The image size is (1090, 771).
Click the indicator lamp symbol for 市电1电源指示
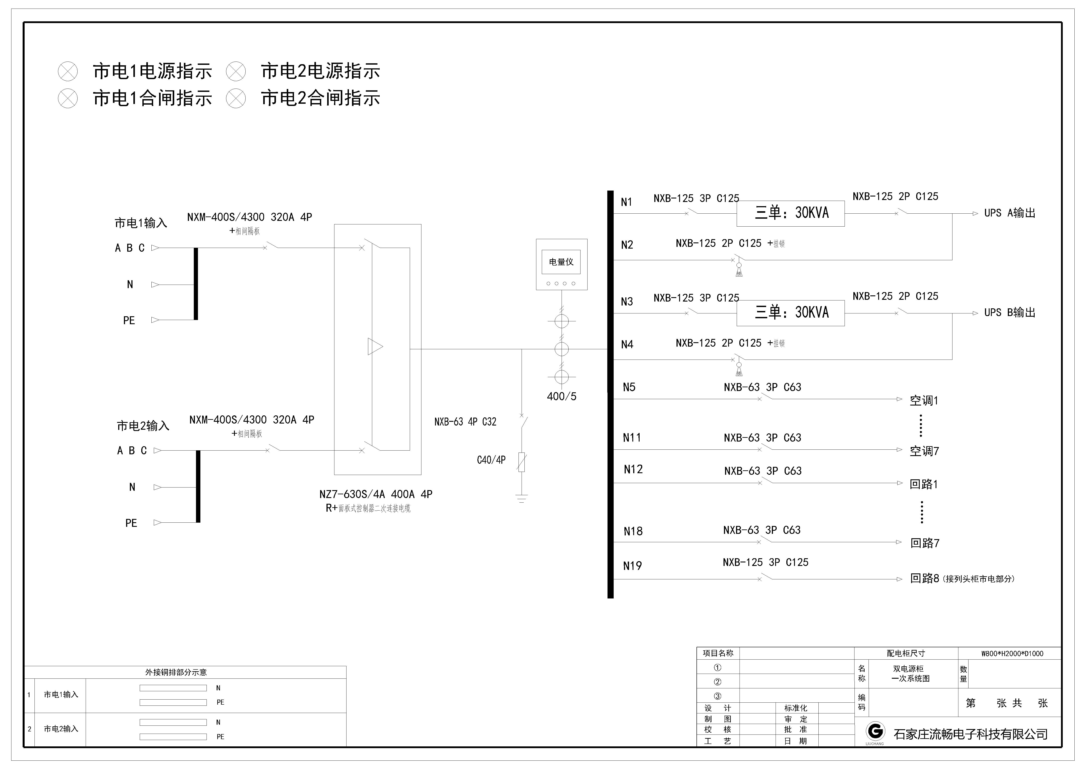(68, 72)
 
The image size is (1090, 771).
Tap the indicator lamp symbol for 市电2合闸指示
(236, 99)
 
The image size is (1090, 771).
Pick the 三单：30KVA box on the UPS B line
(791, 313)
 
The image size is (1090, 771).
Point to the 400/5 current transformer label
(562, 396)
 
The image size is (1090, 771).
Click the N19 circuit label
(632, 566)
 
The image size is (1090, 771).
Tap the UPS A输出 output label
(1010, 213)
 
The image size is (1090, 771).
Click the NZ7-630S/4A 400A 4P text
(375, 494)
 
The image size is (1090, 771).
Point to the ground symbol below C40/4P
(522, 498)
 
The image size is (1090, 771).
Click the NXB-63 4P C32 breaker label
(465, 422)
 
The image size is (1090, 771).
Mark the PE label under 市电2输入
(131, 523)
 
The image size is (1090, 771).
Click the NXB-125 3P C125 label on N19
(765, 563)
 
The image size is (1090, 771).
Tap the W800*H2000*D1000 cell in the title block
(1012, 654)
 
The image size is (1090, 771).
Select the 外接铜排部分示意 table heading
(176, 672)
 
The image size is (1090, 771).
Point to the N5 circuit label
(629, 387)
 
